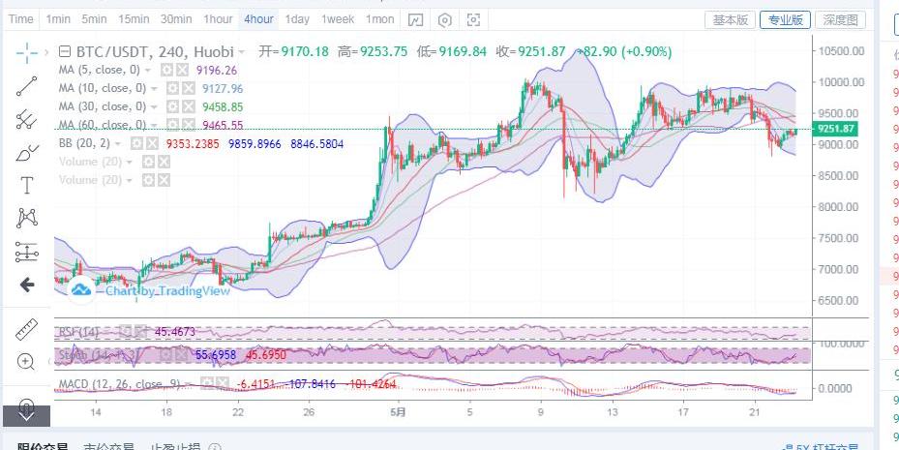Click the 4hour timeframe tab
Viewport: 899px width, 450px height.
[258, 19]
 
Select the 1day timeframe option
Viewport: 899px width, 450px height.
[297, 19]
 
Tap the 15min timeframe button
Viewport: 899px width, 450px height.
[133, 19]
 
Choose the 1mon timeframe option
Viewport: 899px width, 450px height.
[379, 19]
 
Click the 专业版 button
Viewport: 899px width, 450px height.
[784, 19]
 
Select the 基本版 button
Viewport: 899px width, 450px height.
[731, 19]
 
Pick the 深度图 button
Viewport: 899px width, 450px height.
[838, 19]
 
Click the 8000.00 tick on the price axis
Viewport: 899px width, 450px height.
[837, 207]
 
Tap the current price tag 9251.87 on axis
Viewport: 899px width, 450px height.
[836, 129]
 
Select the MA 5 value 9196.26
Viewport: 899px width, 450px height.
[216, 70]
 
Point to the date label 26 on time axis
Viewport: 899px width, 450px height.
[309, 411]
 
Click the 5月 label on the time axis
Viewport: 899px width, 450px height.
[397, 411]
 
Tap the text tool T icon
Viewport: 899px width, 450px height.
[27, 185]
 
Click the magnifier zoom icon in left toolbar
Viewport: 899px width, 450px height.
[26, 362]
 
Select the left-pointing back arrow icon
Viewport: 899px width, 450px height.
[27, 285]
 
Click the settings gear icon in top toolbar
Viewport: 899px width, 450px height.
[444, 19]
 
